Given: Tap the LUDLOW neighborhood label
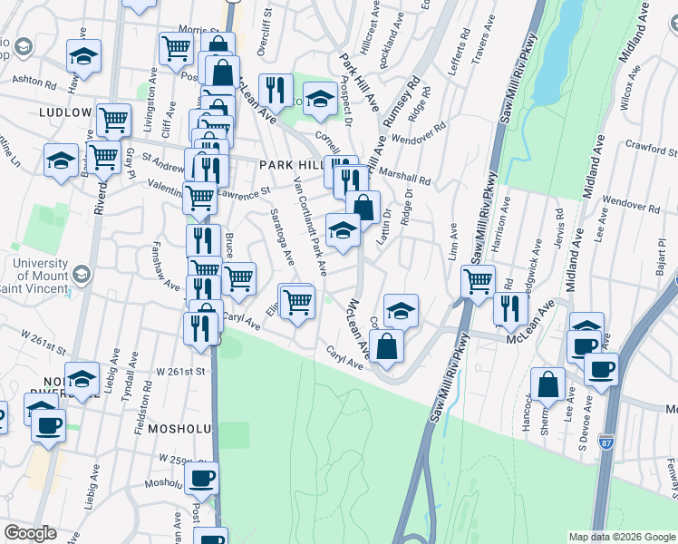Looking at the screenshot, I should tap(65, 112).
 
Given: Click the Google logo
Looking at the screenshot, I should tap(31, 533).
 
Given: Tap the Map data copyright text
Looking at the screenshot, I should tap(622, 537).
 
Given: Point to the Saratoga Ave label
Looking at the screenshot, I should tap(282, 237).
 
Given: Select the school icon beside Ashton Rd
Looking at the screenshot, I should tap(83, 56).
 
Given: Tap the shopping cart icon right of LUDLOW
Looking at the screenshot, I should tap(114, 119).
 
